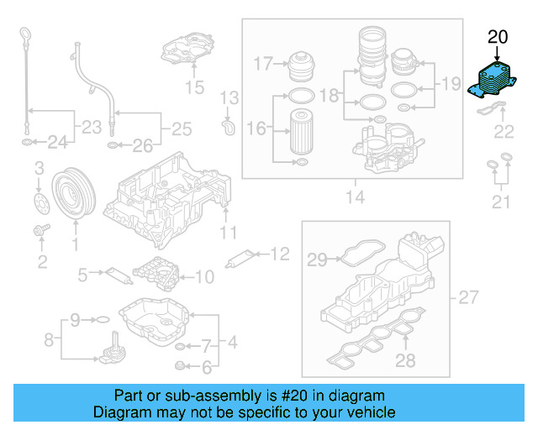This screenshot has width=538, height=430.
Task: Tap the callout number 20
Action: pos(498,37)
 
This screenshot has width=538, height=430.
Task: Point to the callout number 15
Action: pos(194,87)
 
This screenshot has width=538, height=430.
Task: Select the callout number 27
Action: pos(467,297)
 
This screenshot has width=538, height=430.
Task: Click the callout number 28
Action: pos(406,361)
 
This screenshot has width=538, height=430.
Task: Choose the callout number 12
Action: pos(279,252)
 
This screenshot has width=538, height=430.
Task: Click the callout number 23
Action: pos(85,128)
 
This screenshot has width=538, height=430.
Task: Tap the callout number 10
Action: pos(205,275)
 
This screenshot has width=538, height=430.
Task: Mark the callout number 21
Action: pos(501,201)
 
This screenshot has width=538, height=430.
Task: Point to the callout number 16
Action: pos(255,128)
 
